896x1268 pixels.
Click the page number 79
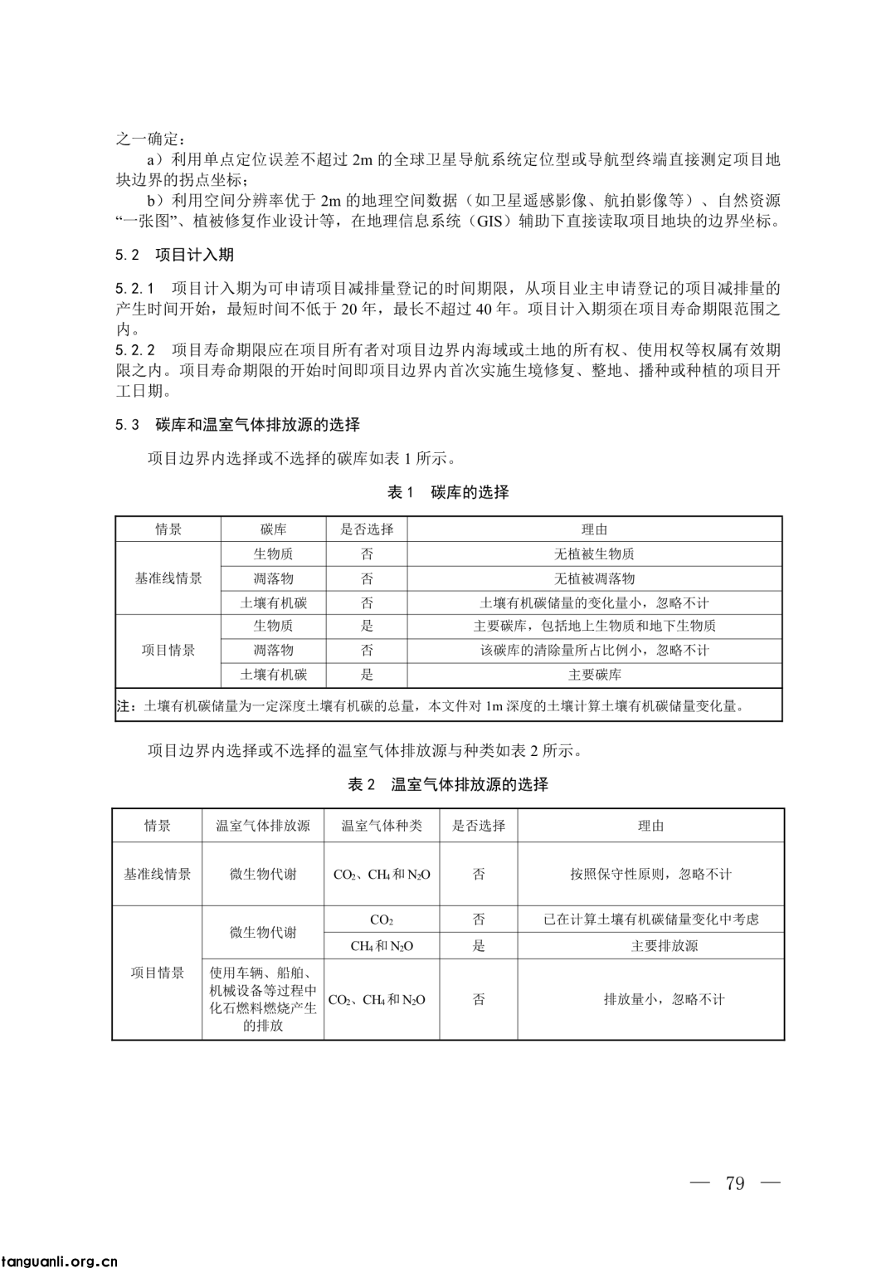point(734,1183)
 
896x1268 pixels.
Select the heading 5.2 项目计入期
point(175,255)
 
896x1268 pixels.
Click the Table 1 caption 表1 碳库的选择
point(448,492)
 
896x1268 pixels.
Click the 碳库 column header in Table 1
point(273,529)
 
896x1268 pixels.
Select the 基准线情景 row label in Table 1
point(168,578)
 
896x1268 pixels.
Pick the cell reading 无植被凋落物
point(594,578)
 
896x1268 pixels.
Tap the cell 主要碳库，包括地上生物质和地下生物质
point(594,626)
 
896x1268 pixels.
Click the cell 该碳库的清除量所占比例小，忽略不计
point(594,651)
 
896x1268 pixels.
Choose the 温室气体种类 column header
point(382,826)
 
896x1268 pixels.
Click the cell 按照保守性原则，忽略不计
point(650,874)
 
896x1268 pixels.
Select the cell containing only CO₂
point(382,919)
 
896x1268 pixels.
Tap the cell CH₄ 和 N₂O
point(382,946)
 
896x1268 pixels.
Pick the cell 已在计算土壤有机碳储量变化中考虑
point(650,919)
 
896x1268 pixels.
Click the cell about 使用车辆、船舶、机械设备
point(263,999)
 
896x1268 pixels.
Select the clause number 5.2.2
point(135,350)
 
